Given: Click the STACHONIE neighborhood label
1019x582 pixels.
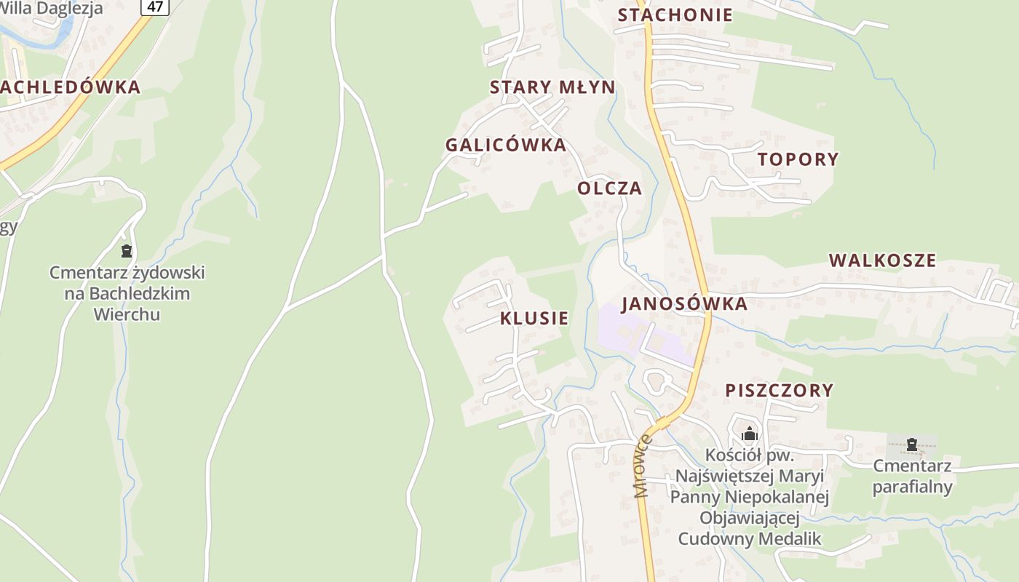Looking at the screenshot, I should (x=675, y=15).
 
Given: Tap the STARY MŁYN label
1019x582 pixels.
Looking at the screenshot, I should (x=552, y=87).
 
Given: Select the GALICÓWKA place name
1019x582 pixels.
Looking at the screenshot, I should (x=506, y=145).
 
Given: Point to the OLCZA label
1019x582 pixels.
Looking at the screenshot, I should (x=610, y=188).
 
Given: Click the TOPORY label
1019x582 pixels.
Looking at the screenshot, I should (x=798, y=159).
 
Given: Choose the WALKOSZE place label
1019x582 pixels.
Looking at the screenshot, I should (x=882, y=260).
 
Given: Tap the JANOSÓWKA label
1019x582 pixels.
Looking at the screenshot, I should (x=684, y=304).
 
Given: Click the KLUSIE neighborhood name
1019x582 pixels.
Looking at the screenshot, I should (x=534, y=319).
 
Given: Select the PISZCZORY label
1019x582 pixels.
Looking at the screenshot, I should (x=780, y=391).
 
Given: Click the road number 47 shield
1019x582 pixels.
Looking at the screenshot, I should (x=155, y=6).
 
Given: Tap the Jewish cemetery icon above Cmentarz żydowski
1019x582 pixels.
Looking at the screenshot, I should (x=127, y=252).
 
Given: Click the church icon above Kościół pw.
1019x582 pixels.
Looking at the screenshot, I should (x=750, y=435).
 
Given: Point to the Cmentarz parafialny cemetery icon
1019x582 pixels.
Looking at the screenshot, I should (x=911, y=445).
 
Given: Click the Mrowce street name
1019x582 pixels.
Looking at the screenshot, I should (x=642, y=466).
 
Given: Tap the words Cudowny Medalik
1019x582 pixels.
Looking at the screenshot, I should (x=749, y=539).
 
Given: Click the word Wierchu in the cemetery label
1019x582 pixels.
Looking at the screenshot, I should (x=127, y=315).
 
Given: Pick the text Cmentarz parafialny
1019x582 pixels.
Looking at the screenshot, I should (x=912, y=477).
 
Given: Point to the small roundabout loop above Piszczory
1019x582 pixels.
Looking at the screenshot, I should (x=657, y=380).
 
